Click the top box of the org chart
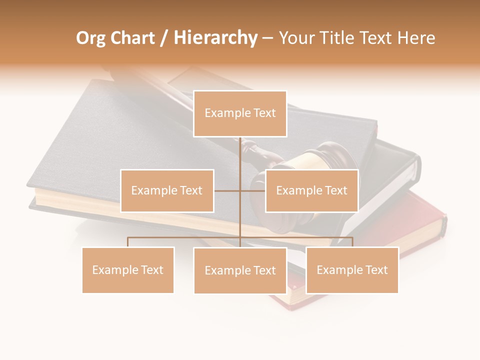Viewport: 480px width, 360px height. [240, 113]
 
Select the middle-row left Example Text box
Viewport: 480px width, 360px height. [167, 190]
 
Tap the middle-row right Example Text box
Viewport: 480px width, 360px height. [311, 190]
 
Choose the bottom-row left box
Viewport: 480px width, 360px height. [128, 270]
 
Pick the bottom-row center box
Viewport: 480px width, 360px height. [240, 270]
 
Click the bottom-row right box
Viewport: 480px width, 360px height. [352, 270]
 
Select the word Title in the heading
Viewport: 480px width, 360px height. [336, 38]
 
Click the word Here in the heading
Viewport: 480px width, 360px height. [416, 38]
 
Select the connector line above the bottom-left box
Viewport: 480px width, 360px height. [128, 242]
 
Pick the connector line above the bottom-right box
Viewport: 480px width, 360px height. [352, 242]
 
